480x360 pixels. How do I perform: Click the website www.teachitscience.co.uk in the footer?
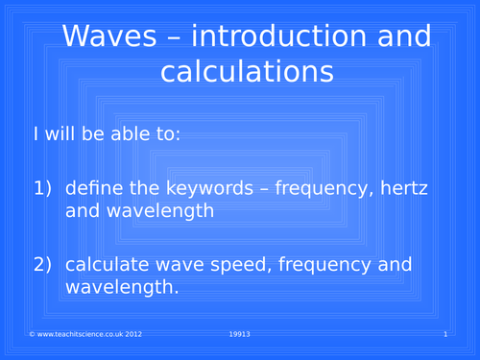(x=73, y=333)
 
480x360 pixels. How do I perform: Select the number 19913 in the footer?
(x=240, y=333)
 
